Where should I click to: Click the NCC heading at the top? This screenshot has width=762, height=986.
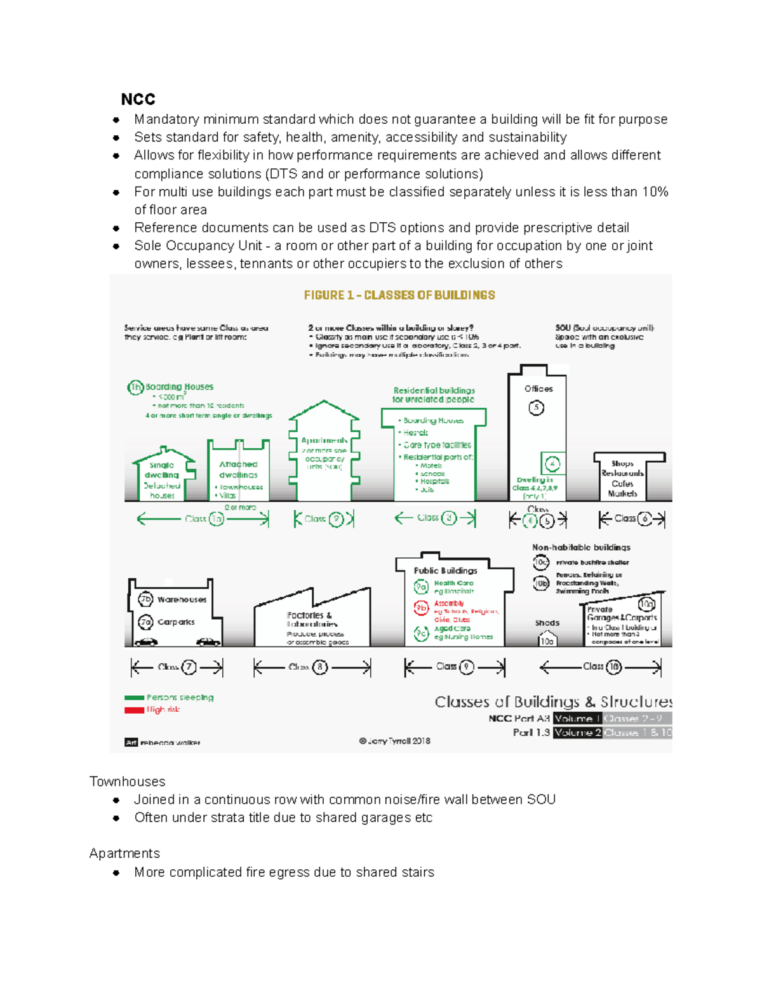point(138,100)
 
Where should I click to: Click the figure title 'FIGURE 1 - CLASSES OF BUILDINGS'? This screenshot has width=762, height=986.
point(399,295)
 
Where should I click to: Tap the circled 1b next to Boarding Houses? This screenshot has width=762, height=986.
point(135,387)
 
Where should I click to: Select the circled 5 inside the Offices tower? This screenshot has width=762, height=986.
point(536,408)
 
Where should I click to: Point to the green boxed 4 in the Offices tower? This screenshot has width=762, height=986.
point(552,464)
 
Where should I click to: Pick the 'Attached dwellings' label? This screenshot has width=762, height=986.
point(238,469)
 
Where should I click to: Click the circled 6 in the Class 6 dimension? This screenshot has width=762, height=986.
point(645,519)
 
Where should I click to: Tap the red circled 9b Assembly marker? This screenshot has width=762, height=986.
point(421,608)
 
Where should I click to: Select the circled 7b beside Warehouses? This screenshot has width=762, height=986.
point(145,599)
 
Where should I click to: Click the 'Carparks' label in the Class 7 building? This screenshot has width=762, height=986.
point(176,622)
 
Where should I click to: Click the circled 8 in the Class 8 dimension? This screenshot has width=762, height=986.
point(320,667)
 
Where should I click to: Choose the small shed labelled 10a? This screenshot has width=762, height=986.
point(547,639)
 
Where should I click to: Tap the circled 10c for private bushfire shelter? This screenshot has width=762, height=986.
point(540,563)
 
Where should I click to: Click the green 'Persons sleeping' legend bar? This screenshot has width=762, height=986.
point(134,698)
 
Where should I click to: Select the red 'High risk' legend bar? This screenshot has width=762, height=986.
point(134,710)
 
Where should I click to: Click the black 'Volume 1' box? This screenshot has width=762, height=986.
point(577,719)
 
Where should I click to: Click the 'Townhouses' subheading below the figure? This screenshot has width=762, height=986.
point(127,782)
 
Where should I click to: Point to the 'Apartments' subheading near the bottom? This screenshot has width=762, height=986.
point(124,853)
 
